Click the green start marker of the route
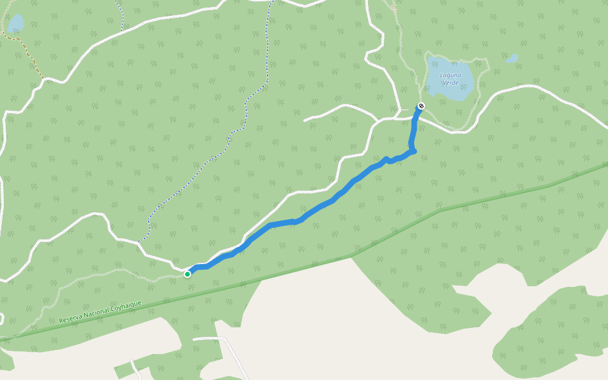tap(187, 274)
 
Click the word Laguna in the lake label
tap(450, 75)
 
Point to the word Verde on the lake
tap(450, 82)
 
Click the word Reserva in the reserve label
tap(71, 319)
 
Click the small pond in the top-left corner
tap(15, 24)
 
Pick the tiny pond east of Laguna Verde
tap(512, 59)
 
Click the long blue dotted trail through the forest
tap(247, 108)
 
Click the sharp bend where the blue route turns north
tap(413, 151)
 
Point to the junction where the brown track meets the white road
tap(44, 80)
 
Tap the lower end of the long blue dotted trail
tap(140, 239)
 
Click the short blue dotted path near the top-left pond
tap(120, 16)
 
